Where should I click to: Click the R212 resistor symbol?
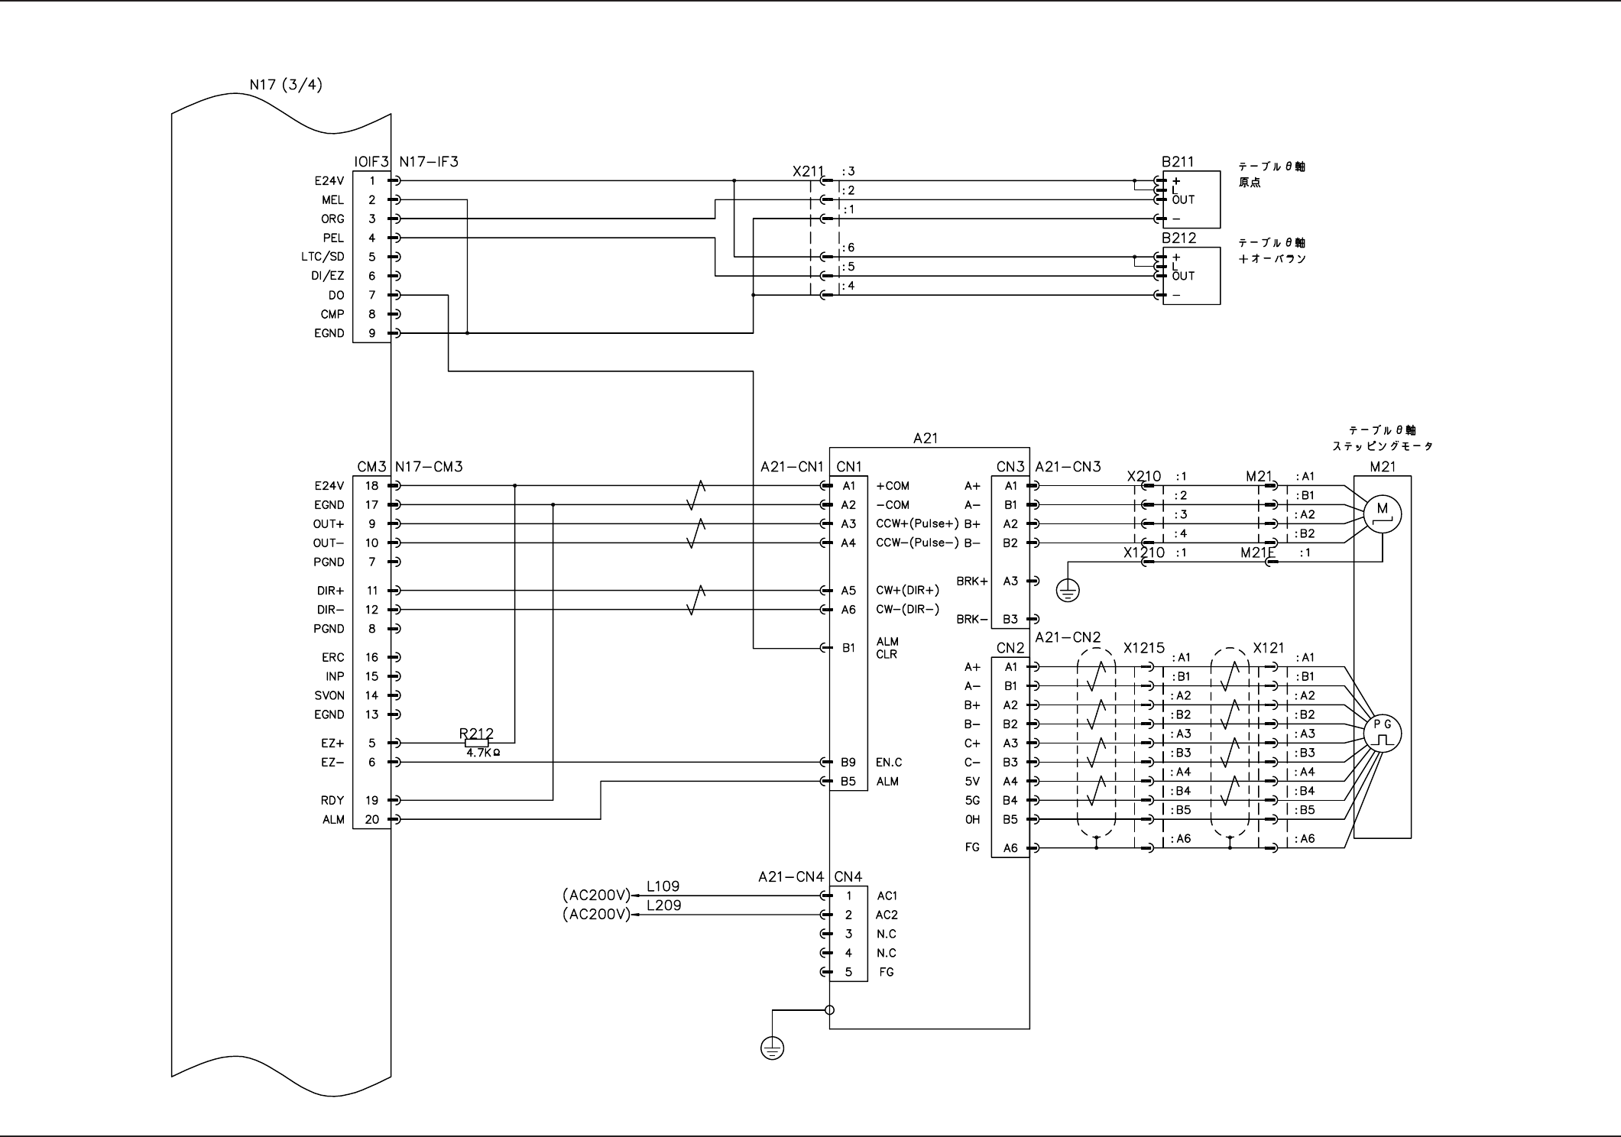(477, 743)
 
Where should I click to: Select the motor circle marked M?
(1382, 514)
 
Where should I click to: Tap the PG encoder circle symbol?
(1383, 734)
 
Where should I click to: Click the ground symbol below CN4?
(772, 1048)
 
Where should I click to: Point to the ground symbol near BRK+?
(1068, 590)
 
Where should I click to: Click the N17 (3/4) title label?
(286, 84)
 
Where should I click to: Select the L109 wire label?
(663, 886)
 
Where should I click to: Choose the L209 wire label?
(663, 905)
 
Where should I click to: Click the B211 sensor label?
(1178, 162)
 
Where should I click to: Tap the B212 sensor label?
(1179, 238)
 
